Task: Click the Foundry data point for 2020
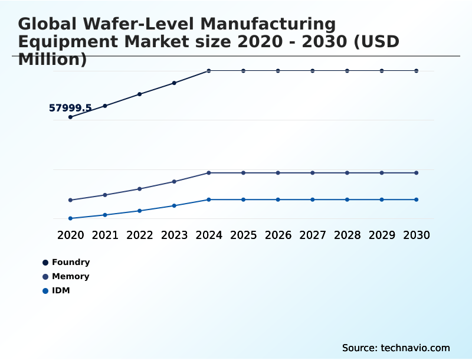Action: (x=70, y=117)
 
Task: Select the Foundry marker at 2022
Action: (x=140, y=94)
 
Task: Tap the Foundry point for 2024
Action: (x=209, y=71)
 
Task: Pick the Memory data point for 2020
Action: (x=70, y=200)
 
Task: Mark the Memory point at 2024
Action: (x=209, y=173)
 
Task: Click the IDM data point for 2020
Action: (x=70, y=218)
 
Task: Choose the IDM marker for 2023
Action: (x=174, y=205)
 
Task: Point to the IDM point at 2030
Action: (x=417, y=199)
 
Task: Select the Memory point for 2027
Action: (x=313, y=173)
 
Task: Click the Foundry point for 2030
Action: (x=417, y=71)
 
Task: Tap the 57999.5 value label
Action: (x=70, y=108)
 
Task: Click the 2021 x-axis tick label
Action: (x=105, y=235)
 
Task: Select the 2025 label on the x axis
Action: (x=243, y=235)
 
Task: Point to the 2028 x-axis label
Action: (x=347, y=235)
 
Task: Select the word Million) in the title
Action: (x=53, y=59)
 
